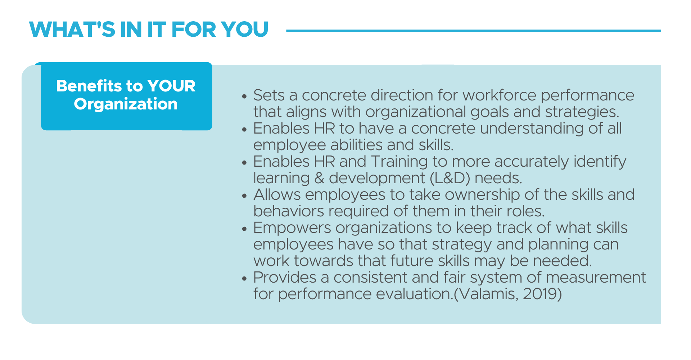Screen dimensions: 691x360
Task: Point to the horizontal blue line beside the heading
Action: click(474, 31)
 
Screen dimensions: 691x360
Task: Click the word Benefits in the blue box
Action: click(89, 86)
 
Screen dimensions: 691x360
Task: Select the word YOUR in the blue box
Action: click(171, 86)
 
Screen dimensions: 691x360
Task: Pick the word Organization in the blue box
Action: click(126, 104)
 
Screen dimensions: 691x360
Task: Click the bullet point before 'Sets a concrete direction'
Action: click(245, 96)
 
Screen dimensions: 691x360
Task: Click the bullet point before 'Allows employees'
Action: click(245, 196)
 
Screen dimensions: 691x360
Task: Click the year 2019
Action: click(540, 294)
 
